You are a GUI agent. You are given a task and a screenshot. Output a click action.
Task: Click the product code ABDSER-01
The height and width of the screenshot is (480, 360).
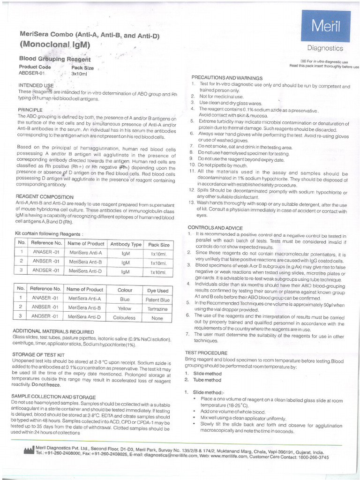pyautogui.click(x=31, y=74)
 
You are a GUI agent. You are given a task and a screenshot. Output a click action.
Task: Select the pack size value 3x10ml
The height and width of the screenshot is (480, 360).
pyautogui.click(x=79, y=74)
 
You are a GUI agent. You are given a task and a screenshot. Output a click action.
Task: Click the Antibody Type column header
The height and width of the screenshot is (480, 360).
pyautogui.click(x=125, y=244)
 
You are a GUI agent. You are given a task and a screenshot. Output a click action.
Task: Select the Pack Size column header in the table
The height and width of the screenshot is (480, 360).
pyautogui.click(x=159, y=244)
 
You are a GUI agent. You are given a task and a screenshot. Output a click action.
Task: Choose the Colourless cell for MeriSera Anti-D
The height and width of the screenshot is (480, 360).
pyautogui.click(x=125, y=317)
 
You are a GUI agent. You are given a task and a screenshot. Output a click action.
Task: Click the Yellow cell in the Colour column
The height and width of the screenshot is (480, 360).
pyautogui.click(x=125, y=308)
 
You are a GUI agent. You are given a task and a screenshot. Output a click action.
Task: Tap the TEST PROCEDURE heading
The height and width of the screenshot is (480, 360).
pyautogui.click(x=206, y=352)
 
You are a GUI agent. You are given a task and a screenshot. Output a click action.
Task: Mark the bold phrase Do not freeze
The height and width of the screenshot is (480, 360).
pyautogui.click(x=45, y=384)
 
